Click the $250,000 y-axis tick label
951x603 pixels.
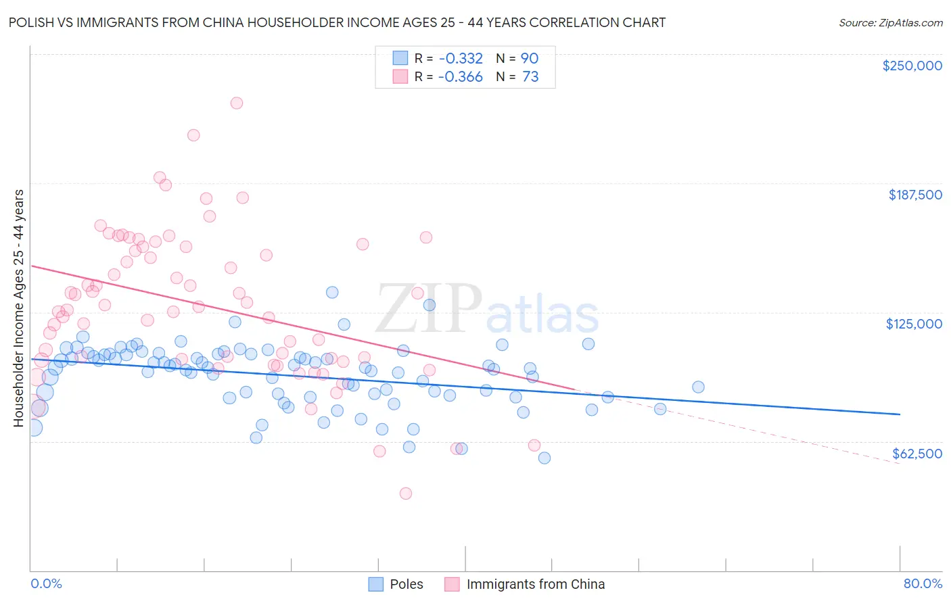[912, 66]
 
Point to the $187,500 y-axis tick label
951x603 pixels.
[914, 195]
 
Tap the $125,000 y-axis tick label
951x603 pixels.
[914, 324]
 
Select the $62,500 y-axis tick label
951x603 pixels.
[917, 453]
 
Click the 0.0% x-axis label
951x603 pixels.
[46, 583]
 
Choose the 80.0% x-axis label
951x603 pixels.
[923, 583]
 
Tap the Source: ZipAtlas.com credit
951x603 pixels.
[890, 22]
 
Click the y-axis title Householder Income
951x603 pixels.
[18, 308]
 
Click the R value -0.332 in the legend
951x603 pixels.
[460, 58]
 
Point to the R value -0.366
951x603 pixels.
[460, 76]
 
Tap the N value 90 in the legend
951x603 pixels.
[530, 58]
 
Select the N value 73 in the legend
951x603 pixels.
[530, 76]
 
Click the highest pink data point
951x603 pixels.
[237, 103]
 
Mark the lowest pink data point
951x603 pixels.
[406, 493]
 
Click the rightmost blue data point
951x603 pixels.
[698, 387]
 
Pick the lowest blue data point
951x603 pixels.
[544, 458]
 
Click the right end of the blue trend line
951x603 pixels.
[900, 414]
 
